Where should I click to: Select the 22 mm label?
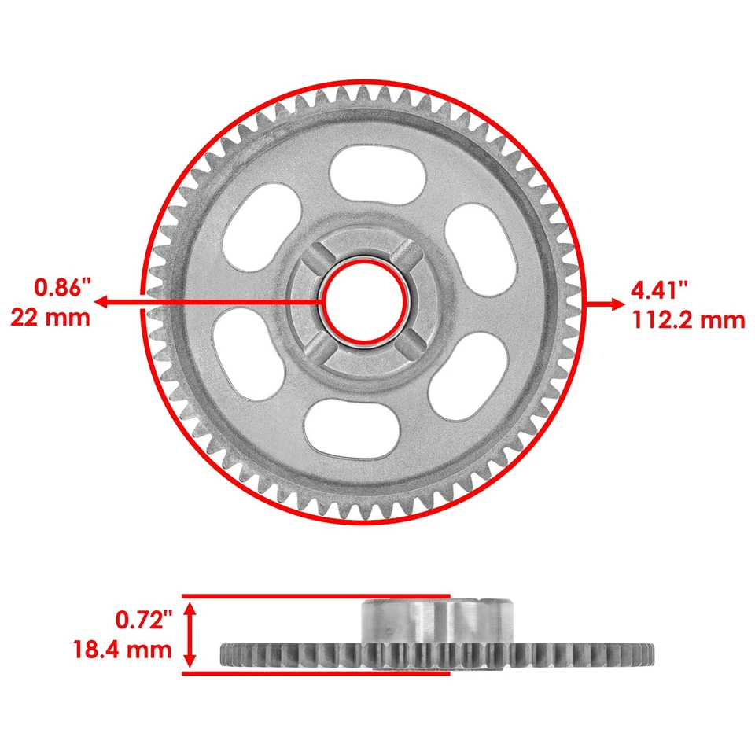[50, 317]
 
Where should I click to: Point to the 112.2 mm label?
[687, 319]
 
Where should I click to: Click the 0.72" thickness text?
[144, 621]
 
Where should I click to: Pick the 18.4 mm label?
[121, 650]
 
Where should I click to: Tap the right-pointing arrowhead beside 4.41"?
[610, 304]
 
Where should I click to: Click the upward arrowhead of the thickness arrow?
[190, 607]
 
